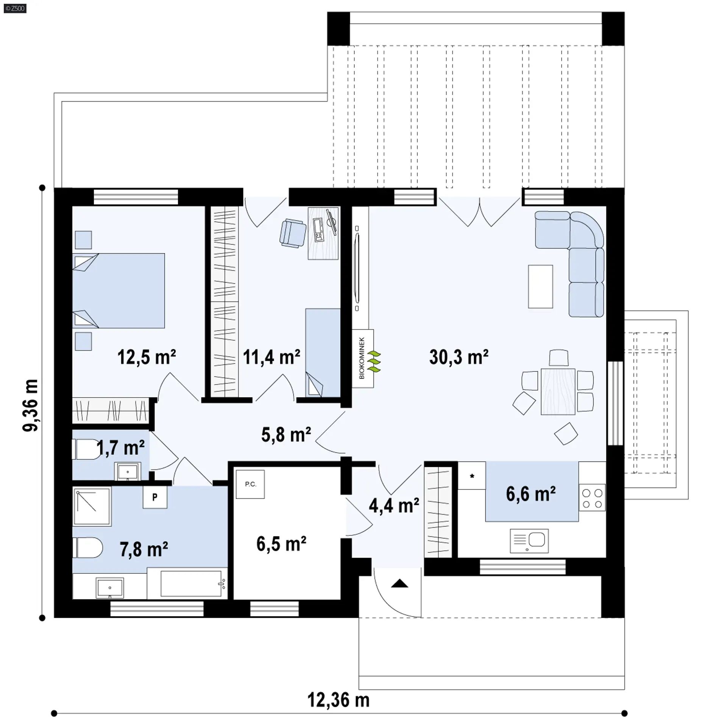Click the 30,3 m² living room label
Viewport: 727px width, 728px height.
(459, 357)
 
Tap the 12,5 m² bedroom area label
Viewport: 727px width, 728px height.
(147, 357)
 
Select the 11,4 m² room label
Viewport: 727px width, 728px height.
(271, 357)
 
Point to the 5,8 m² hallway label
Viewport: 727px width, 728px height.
(286, 435)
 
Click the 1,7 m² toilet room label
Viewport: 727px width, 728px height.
(120, 448)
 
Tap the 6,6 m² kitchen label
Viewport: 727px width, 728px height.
(531, 494)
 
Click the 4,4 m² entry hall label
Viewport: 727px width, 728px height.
(394, 506)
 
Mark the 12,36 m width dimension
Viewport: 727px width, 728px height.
(339, 700)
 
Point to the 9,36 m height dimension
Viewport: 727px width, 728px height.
(31, 405)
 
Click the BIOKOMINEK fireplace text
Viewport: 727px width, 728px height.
(362, 358)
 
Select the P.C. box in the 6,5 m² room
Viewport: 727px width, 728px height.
(250, 484)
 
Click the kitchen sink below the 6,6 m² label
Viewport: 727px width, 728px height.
(529, 541)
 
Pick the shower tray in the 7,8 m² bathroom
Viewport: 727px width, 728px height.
(92, 507)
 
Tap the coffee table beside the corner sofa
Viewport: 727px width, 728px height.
(540, 286)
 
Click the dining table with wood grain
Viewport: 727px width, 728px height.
(558, 391)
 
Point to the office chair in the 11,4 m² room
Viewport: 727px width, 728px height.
(293, 233)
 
